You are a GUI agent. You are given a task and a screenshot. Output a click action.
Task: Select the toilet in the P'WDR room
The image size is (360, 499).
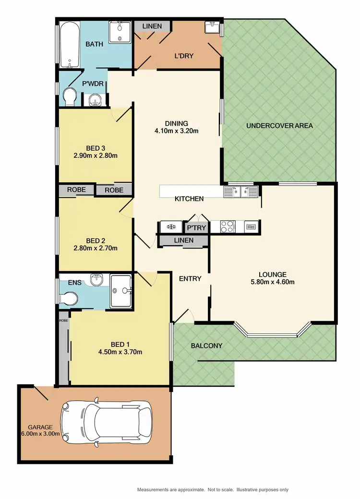pyautogui.click(x=70, y=96)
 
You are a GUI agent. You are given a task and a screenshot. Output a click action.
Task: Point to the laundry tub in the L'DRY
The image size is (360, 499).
pyautogui.click(x=211, y=28)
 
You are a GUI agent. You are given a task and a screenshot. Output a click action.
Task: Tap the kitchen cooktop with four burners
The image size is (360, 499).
pyautogui.click(x=227, y=226)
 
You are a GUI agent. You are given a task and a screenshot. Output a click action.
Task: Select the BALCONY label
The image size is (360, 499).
pyautogui.click(x=206, y=345)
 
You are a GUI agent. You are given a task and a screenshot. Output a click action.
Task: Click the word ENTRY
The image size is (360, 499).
pyautogui.click(x=190, y=278)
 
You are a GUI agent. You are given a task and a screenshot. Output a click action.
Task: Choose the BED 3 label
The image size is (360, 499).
pyautogui.click(x=96, y=147)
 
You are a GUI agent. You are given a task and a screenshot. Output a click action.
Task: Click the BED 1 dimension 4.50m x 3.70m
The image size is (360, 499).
pyautogui.click(x=120, y=352)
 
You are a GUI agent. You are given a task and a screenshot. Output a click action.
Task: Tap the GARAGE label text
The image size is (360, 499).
pyautogui.click(x=40, y=427)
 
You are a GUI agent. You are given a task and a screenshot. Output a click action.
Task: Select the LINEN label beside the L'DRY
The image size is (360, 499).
pyautogui.click(x=152, y=26)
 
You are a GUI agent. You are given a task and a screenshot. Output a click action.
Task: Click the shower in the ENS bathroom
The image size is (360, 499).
pyautogui.click(x=122, y=290)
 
